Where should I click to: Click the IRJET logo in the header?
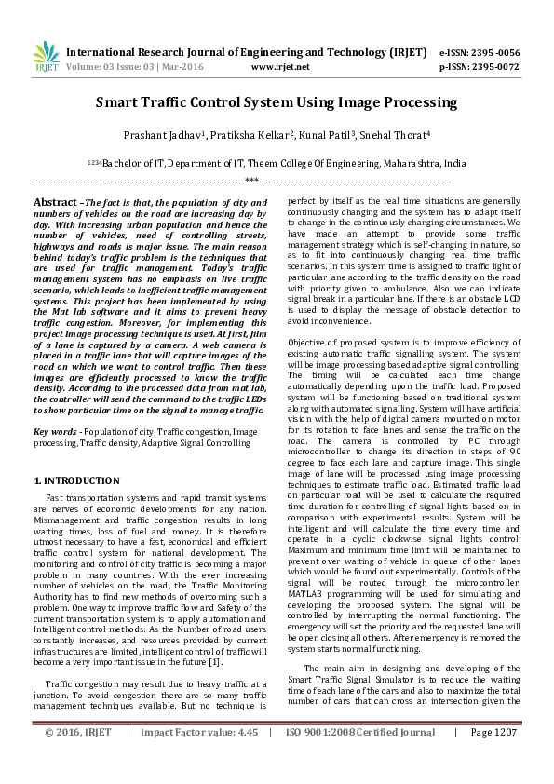[x=45, y=57]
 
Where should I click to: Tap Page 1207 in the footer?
[x=493, y=759]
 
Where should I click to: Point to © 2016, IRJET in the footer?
[x=79, y=759]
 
